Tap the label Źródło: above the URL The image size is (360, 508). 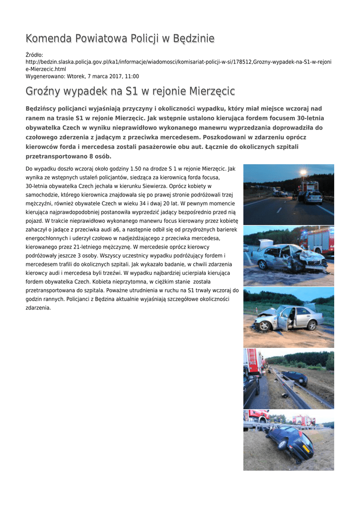pyautogui.click(x=34, y=55)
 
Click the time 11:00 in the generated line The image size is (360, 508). pyautogui.click(x=132, y=76)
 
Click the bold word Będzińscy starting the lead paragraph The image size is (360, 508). pyautogui.click(x=41, y=109)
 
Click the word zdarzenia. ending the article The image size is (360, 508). pyautogui.click(x=38, y=308)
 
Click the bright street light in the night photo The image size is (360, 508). pyautogui.click(x=303, y=173)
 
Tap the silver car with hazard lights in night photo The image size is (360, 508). pyautogui.click(x=313, y=197)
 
